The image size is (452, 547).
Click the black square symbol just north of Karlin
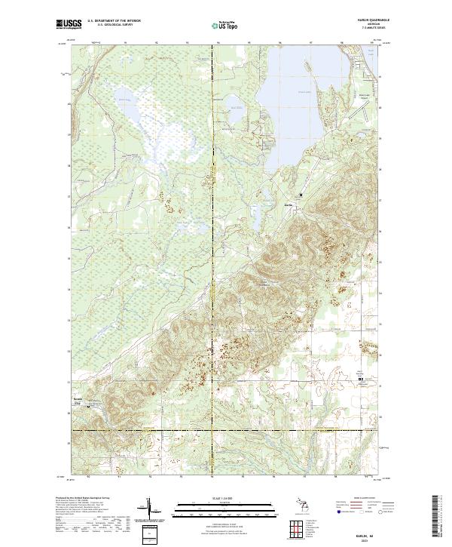click(x=301, y=195)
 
